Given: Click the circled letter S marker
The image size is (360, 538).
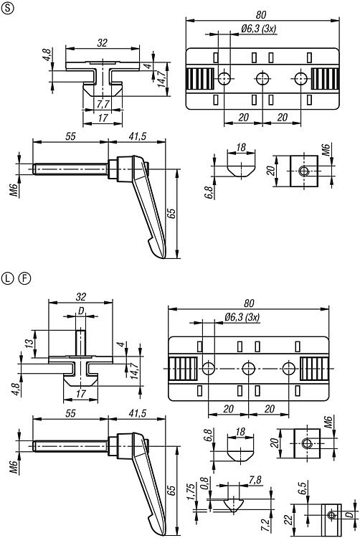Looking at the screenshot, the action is coord(8,9).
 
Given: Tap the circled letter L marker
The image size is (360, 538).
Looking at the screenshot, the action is coord(8,278).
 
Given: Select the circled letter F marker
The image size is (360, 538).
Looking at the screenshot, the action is coord(24,278).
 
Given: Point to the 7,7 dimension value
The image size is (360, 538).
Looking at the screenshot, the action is coord(102,103).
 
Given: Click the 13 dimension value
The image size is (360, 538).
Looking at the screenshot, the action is coord(30,343).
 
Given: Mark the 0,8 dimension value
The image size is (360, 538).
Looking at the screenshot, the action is coord(204,482).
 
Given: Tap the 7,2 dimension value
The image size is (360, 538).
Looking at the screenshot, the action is coord(265,524).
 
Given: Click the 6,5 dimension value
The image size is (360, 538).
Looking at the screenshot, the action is coord(302,488).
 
